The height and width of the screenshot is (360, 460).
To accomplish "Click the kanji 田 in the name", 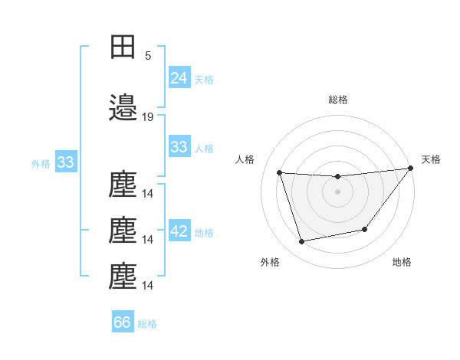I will click(123, 46).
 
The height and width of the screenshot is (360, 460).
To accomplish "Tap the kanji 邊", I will click(123, 108).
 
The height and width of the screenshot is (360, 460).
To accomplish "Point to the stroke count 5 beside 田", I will click(148, 55).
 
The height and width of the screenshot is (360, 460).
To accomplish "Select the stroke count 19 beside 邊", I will click(148, 117).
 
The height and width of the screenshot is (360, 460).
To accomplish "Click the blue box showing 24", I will click(179, 77).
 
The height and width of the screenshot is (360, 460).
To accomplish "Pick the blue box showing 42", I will click(179, 231).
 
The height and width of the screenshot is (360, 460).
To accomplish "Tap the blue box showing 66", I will click(123, 322).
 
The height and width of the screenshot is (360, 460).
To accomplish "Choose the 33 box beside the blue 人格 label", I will click(179, 147).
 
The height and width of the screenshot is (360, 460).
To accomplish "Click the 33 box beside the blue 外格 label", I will click(65, 162).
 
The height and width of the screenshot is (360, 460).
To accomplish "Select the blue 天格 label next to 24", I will click(204, 79).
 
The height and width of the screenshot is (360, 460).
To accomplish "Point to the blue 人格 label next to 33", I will click(204, 149).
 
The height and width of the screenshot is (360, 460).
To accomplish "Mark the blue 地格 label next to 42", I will click(204, 233).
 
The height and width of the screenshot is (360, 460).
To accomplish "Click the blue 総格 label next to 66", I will click(147, 324).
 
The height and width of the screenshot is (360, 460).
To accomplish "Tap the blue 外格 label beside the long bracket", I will click(41, 164).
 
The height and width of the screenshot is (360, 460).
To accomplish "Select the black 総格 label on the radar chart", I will click(337, 100).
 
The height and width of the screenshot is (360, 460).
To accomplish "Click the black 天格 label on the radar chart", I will click(431, 159).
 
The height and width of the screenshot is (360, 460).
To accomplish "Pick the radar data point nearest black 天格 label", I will click(410, 169).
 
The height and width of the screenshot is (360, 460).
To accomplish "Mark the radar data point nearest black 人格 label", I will click(280, 173).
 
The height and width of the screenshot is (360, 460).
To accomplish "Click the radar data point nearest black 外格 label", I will click(302, 242).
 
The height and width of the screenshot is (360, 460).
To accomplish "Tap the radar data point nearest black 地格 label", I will click(366, 229).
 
